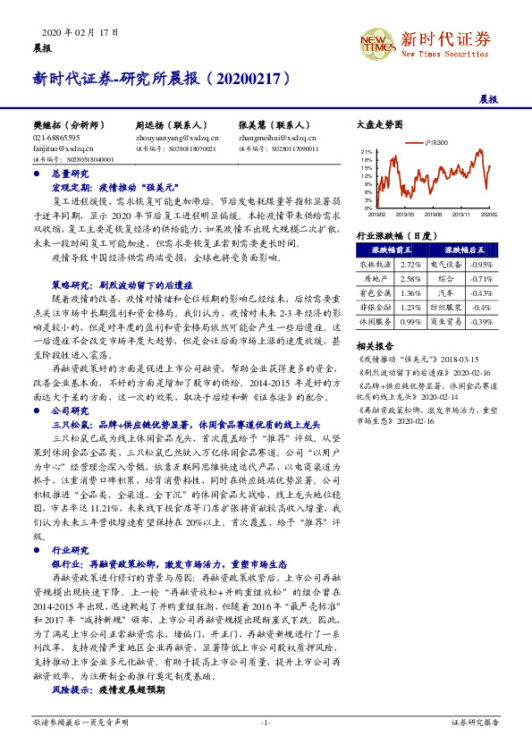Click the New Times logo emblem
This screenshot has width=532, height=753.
(x=374, y=41)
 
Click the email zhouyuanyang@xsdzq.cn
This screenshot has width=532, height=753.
(x=177, y=139)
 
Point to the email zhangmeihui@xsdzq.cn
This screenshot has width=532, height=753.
(x=277, y=139)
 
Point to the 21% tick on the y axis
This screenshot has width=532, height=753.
(x=367, y=153)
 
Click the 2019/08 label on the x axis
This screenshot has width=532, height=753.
(x=431, y=215)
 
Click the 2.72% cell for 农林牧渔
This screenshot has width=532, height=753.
(x=410, y=265)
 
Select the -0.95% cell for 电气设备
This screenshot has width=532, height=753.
(x=481, y=265)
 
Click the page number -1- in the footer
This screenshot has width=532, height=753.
(x=266, y=721)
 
